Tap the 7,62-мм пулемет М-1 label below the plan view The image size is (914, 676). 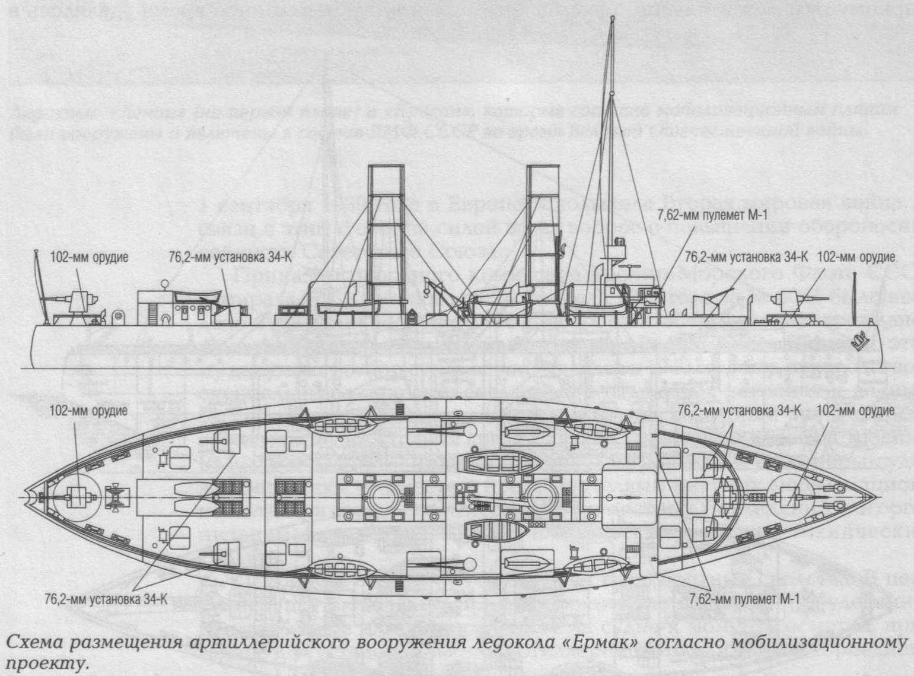pos(744,599)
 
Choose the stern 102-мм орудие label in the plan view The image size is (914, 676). pos(88,411)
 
